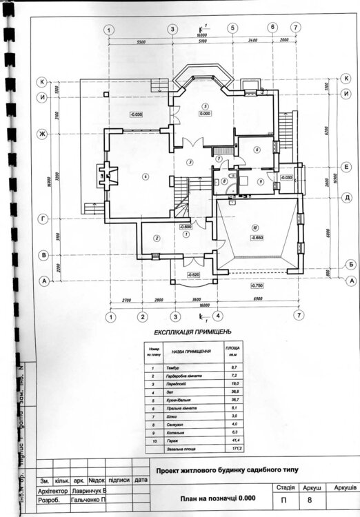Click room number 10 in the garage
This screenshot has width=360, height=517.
click(254, 227)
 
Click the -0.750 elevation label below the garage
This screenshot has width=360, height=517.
click(257, 285)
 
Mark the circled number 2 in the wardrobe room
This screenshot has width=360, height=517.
click(157, 238)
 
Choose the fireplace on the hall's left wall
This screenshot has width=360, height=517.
click(106, 175)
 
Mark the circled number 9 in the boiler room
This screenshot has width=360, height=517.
click(260, 181)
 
